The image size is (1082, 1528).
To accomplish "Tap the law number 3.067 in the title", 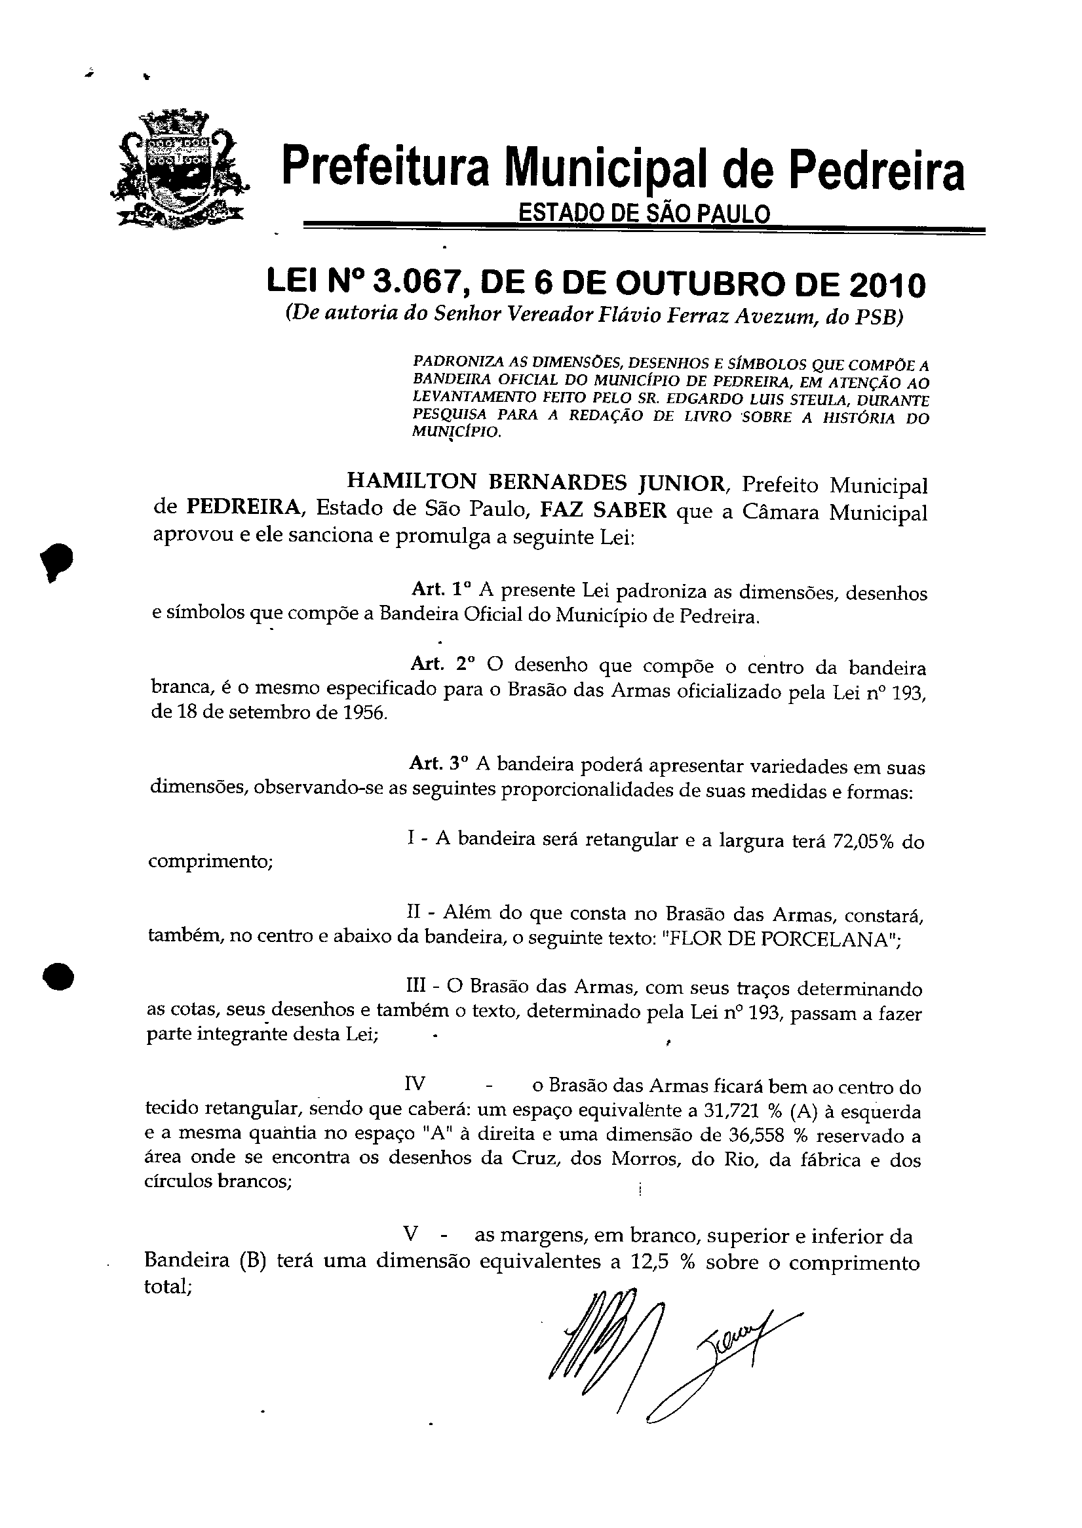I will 415,284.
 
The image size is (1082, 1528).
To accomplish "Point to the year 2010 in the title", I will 887,285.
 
